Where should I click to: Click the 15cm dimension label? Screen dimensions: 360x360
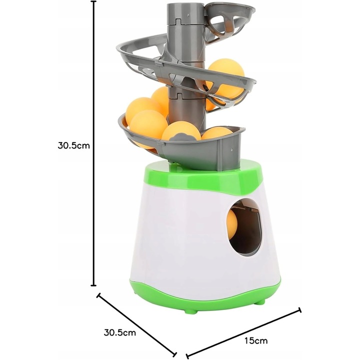point(256,340)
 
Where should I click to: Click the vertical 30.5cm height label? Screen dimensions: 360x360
point(73,145)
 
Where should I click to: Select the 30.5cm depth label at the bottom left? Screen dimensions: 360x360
point(119,332)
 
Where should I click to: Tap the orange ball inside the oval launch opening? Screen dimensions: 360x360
point(231,223)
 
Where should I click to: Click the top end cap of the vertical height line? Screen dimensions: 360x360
point(93,1)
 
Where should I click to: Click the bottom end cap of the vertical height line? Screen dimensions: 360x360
point(93,285)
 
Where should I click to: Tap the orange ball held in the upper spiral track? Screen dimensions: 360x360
point(226,79)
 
